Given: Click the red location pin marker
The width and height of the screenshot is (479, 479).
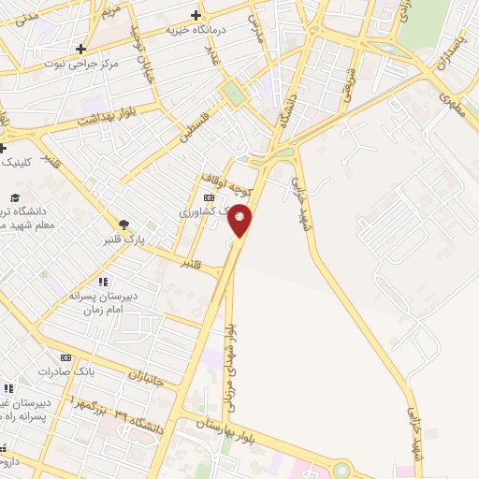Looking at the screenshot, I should point(240,219).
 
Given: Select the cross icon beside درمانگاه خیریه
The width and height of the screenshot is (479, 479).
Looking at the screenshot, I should point(195,15).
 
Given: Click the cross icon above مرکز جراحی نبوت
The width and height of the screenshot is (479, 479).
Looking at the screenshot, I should point(81,49).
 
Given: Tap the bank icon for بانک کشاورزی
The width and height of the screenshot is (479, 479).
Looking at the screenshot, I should point(209,197).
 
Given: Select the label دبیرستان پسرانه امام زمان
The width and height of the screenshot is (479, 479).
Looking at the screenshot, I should point(104,302).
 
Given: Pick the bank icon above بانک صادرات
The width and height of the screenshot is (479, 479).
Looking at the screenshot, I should point(65,357).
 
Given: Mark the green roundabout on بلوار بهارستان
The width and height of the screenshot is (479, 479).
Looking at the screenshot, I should point(341,469).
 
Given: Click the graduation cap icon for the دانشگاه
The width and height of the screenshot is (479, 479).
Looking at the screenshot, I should point(15,197).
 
